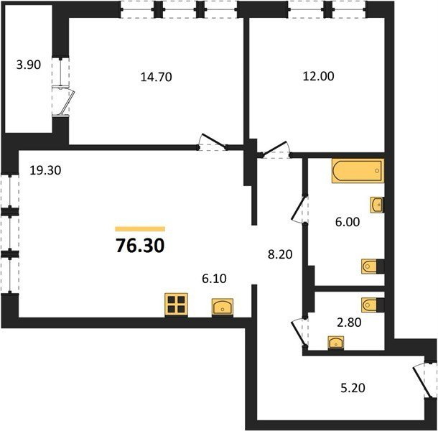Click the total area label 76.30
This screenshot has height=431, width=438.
coord(140,246)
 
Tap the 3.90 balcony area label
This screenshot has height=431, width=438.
coord(29,65)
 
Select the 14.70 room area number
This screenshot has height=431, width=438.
coord(156,77)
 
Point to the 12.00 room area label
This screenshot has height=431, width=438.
coord(318,76)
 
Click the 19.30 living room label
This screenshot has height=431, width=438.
coord(45,170)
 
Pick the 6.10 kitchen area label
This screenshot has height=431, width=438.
coord(214,279)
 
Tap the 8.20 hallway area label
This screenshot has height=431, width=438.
coord(280,254)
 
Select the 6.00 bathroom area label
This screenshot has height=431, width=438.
coord(348,222)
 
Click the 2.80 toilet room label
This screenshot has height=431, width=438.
coord(349,323)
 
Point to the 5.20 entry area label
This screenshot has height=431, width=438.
coord(353,388)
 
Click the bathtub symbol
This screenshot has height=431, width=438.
coord(358,171)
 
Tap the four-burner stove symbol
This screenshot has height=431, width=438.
coord(176,305)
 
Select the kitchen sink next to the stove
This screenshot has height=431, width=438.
coord(223,306)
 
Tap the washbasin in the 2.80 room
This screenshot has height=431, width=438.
coord(336,343)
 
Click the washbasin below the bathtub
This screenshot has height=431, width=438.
coord(377,205)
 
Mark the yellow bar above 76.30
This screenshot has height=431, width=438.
coord(140,229)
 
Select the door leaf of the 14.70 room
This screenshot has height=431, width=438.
coord(214,141)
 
